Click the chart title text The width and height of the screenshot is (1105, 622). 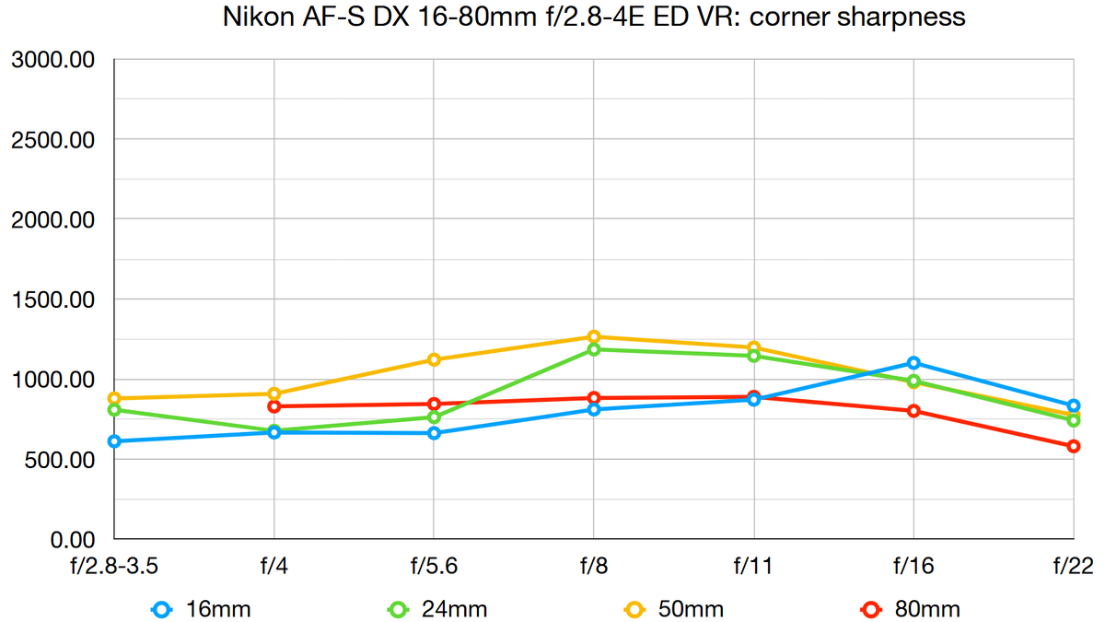pos(595,18)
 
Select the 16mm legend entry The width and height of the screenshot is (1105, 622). pos(202,609)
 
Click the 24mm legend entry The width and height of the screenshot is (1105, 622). pos(438,609)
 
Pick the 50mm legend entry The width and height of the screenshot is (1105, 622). pos(675,609)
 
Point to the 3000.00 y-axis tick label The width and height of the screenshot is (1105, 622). pos(53,60)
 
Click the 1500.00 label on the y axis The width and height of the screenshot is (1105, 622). pos(53,299)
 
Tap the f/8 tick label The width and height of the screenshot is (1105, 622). pos(594,565)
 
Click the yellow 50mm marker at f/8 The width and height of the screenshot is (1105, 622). pos(594,337)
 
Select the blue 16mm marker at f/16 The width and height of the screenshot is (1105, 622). pos(913,363)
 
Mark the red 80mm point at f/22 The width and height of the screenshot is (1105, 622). pos(1074,446)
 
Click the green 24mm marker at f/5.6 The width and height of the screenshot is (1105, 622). pos(434,417)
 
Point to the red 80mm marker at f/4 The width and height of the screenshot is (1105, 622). pos(274,406)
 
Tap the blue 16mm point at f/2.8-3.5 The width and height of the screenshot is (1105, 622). pos(114,441)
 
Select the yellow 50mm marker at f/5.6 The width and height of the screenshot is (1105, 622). pos(434,360)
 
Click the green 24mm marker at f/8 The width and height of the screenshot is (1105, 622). pos(594,349)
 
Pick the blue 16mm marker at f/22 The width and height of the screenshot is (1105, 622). pos(1074,405)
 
